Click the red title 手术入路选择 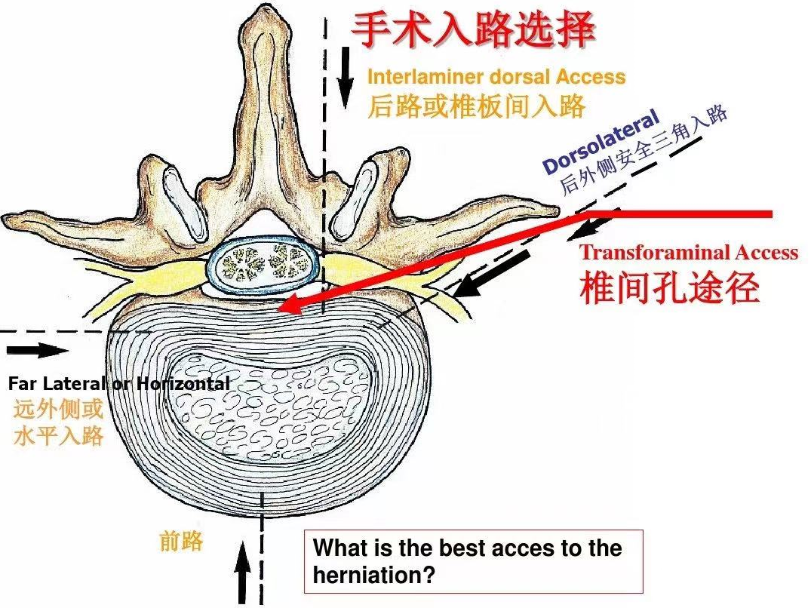pyautogui.click(x=474, y=31)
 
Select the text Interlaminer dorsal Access pyautogui.click(x=496, y=77)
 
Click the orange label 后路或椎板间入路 pyautogui.click(x=476, y=106)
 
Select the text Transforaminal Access pyautogui.click(x=688, y=253)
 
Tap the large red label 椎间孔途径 pyautogui.click(x=669, y=287)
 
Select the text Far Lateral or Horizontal pyautogui.click(x=118, y=384)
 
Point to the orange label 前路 pyautogui.click(x=181, y=540)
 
